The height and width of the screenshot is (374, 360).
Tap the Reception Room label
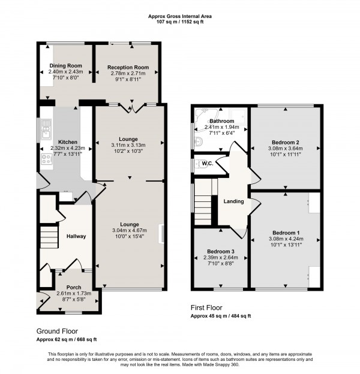tap(128, 67)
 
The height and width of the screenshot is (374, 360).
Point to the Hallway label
tap(76, 236)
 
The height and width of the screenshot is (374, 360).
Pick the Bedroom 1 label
tap(285, 233)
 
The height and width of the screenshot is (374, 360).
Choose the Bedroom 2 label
tap(285, 142)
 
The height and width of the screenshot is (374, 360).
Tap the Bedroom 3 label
tap(219, 252)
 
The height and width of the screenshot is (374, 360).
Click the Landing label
tap(233, 201)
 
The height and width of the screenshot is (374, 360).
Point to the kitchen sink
tap(46, 126)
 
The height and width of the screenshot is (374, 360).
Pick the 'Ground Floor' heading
tap(57, 331)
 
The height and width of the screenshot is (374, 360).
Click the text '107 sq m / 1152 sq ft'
tap(179, 23)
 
